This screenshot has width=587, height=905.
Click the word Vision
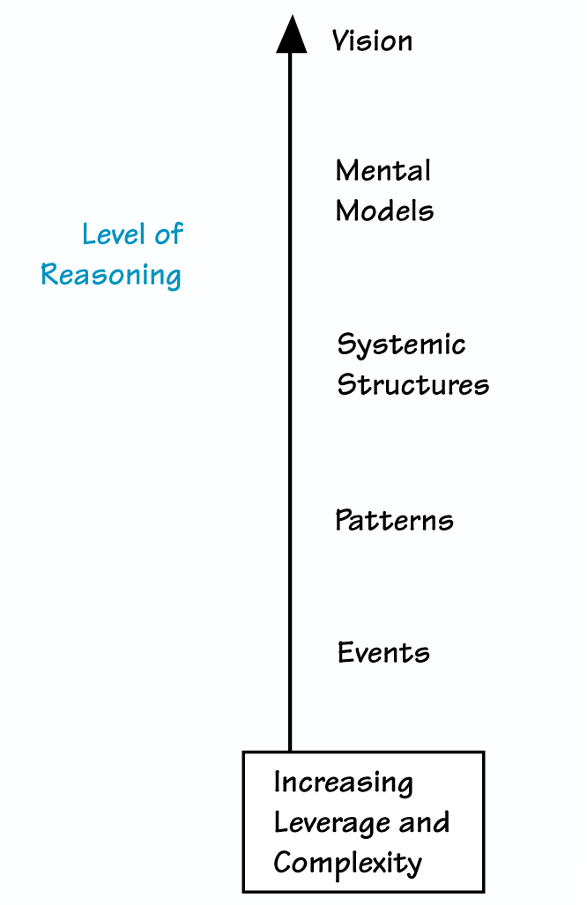coord(372,41)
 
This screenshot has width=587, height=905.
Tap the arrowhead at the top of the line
coord(291,36)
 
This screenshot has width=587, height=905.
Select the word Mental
coord(383,170)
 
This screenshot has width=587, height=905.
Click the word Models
coord(385,211)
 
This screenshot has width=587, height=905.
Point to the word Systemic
coord(401,345)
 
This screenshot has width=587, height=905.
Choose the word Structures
coord(412,385)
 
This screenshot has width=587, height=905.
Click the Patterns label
coord(394,520)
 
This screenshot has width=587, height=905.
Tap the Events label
coord(383,653)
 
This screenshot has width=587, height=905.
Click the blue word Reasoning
coord(111,275)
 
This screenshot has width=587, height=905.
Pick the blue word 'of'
coord(168,234)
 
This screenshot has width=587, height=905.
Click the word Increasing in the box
coord(343,783)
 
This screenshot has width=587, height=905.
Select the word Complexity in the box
coord(347,863)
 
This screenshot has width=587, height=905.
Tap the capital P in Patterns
coord(344,520)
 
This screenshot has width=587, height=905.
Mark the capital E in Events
coord(346,653)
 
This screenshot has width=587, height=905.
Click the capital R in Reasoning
coord(50,274)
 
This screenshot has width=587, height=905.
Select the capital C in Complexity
coord(282,862)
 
